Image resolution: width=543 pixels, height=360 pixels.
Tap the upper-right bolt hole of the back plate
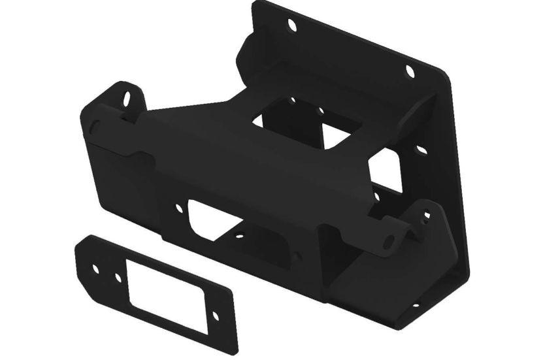coord(410,71)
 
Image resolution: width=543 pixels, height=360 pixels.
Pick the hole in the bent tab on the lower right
coord(426,213)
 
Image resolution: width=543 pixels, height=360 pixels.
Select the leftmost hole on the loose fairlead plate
coord(97,270)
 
